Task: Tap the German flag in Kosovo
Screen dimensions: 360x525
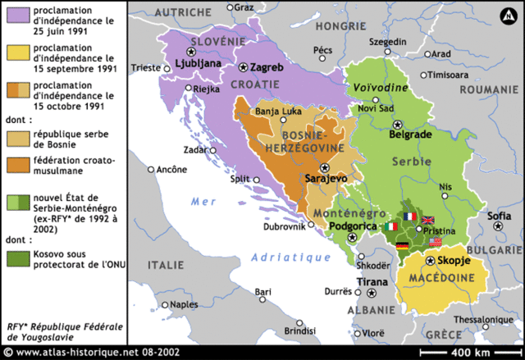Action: click(401, 245)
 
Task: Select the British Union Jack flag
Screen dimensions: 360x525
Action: click(427, 220)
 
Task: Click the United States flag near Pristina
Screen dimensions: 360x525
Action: click(436, 242)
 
